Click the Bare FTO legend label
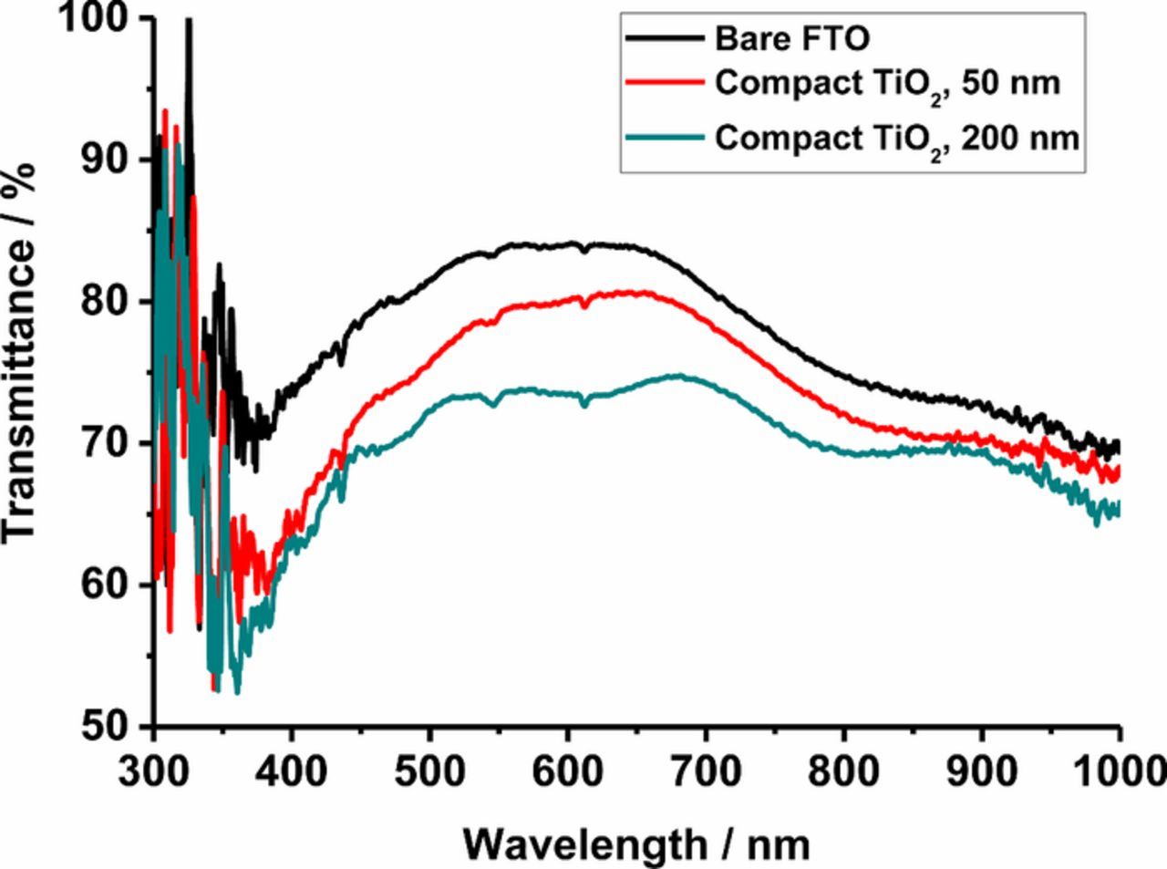791,39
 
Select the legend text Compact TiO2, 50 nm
887,84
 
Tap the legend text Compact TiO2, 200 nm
896,139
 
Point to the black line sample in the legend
665,39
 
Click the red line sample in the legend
665,83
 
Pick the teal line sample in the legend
665,138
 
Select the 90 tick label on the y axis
106,160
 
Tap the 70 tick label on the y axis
106,444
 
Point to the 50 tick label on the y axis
106,727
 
